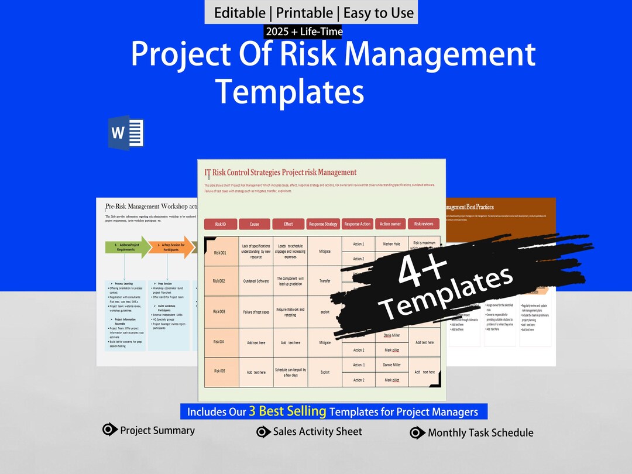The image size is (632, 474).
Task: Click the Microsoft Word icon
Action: pyautogui.click(x=126, y=133)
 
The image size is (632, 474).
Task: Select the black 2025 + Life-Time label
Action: pyautogui.click(x=304, y=32)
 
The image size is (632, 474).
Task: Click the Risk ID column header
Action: pyautogui.click(x=220, y=224)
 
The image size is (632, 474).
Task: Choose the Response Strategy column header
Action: pyautogui.click(x=323, y=224)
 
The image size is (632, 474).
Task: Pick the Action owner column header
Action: pyautogui.click(x=390, y=224)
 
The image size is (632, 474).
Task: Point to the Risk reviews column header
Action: pyautogui.click(x=424, y=224)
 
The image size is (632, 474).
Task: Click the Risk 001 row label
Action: pyautogui.click(x=220, y=252)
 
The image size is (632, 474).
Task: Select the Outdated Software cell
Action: pyautogui.click(x=256, y=281)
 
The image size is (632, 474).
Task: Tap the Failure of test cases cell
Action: pyautogui.click(x=256, y=312)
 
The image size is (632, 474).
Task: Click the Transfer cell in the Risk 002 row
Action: pyautogui.click(x=325, y=281)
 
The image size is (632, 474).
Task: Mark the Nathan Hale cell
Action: pyautogui.click(x=391, y=244)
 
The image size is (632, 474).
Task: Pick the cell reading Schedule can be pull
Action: pyautogui.click(x=290, y=372)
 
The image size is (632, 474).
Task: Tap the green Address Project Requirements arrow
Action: pyautogui.click(x=126, y=248)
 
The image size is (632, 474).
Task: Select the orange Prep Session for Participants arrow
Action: pyautogui.click(x=170, y=248)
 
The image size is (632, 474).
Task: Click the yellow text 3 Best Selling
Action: pyautogui.click(x=287, y=411)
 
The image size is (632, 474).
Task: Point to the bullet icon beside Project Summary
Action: pyautogui.click(x=109, y=430)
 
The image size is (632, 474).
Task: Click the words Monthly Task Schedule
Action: pyautogui.click(x=480, y=433)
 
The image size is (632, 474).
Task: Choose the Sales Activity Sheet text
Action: pyautogui.click(x=318, y=432)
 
